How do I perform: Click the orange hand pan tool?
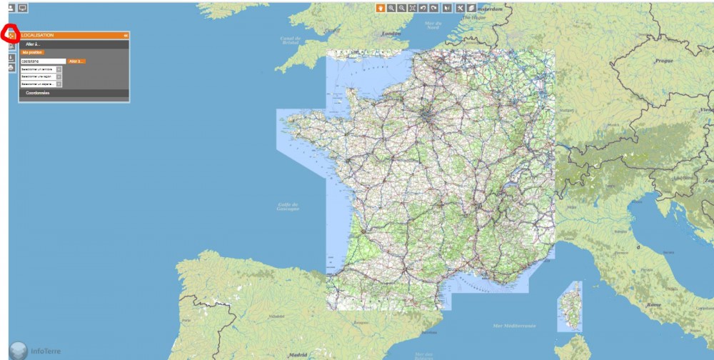coord(381,8)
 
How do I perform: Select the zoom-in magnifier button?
coord(391,8)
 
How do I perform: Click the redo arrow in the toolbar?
coord(434,8)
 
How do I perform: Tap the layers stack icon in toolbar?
coord(471,8)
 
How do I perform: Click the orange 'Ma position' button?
coord(33,52)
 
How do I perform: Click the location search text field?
coord(43,61)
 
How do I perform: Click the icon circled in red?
coord(11,34)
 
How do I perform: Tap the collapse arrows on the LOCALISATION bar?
coord(126,35)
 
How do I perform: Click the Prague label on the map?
coord(664,61)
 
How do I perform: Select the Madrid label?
coord(297,354)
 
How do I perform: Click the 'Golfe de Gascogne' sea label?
coord(288,206)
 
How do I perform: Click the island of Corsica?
coord(571,304)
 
